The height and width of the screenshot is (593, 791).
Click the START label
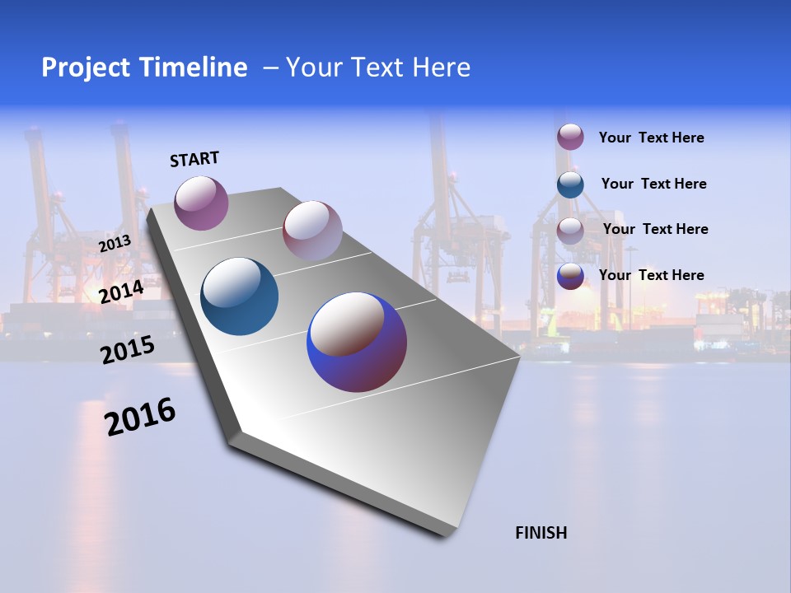click(x=194, y=159)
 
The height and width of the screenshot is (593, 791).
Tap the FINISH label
click(x=541, y=533)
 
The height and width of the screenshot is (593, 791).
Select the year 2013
click(x=115, y=243)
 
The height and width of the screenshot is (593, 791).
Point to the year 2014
click(x=121, y=292)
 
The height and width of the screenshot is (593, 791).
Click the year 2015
click(x=127, y=350)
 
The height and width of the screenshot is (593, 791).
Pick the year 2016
click(x=140, y=417)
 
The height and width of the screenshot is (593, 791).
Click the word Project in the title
click(x=87, y=68)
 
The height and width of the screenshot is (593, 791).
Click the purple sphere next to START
click(x=201, y=203)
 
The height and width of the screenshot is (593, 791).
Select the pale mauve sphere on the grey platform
click(x=312, y=230)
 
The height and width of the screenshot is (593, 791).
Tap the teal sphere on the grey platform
click(x=240, y=296)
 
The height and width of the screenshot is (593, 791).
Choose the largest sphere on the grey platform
click(x=357, y=342)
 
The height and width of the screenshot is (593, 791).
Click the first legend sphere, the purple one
click(x=570, y=137)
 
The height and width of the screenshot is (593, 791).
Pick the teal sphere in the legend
click(x=570, y=184)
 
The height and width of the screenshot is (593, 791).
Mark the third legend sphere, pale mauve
click(x=570, y=230)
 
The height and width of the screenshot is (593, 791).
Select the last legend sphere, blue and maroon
click(x=570, y=276)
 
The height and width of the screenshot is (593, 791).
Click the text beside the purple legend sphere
click(x=651, y=138)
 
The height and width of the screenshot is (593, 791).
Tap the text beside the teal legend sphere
click(x=653, y=184)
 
